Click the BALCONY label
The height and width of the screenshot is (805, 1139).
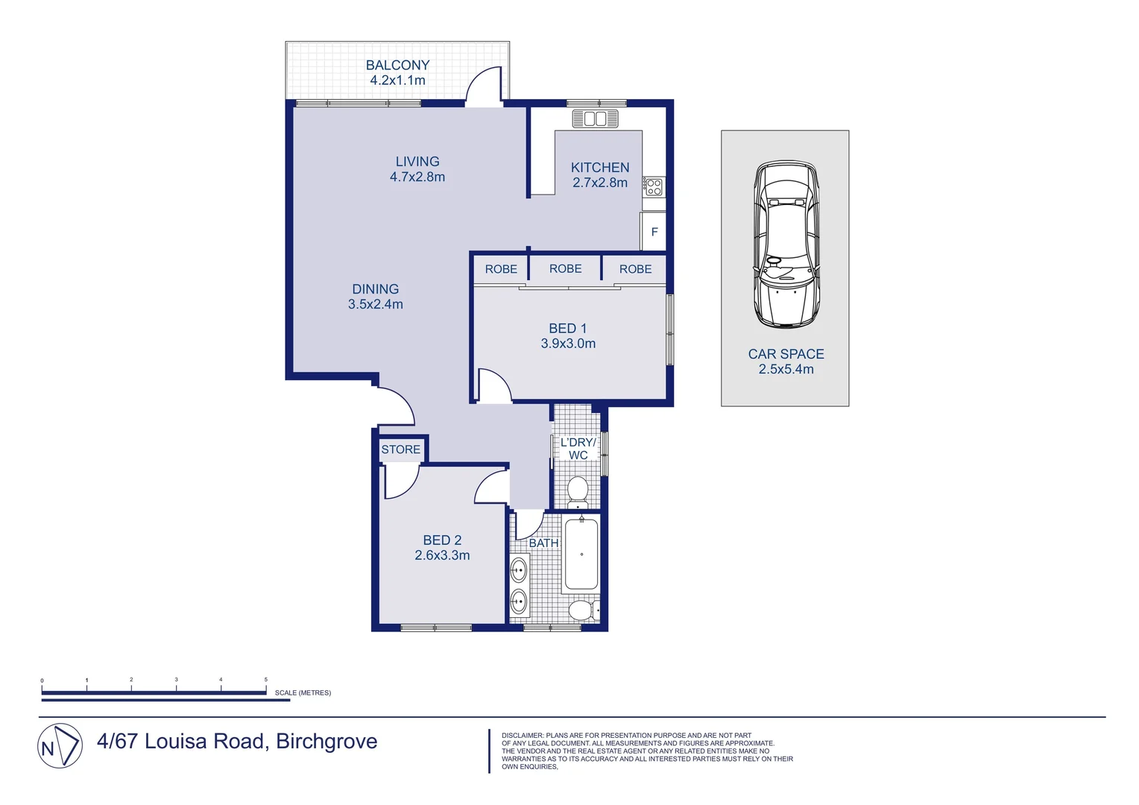397,66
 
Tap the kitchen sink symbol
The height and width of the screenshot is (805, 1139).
595,119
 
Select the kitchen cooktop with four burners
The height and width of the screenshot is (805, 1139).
654,186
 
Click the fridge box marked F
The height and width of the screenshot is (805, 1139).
654,232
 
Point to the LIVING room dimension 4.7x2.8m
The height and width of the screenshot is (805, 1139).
417,177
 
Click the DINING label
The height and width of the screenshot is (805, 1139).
375,289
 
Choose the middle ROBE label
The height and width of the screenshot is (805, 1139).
565,269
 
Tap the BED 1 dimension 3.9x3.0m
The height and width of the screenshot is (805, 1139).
568,344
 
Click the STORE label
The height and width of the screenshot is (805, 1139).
400,449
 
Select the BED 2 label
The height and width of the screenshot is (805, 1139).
442,540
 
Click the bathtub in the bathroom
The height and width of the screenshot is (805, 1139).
581,555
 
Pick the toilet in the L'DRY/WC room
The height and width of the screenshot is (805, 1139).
578,491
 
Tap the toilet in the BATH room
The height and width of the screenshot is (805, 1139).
582,610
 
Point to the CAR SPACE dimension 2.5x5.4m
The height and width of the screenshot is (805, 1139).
786,370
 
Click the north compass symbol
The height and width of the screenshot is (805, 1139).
60,745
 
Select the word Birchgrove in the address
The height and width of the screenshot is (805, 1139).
326,742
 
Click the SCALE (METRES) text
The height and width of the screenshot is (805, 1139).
303,693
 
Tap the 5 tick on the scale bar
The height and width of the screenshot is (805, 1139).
266,680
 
